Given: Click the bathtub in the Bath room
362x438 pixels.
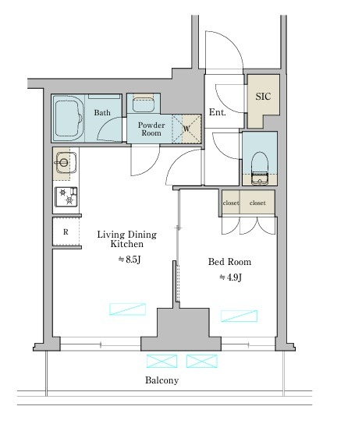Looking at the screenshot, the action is [x=69, y=118].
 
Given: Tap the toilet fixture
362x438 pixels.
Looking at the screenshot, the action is [x=260, y=168].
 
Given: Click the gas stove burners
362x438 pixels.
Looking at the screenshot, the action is [x=66, y=196].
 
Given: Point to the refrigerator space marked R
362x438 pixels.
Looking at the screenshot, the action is [x=66, y=231].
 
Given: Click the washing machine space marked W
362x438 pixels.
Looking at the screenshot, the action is [x=186, y=129].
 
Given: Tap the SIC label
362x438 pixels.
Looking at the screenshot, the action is [x=263, y=97].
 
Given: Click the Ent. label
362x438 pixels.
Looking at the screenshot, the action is [x=217, y=112].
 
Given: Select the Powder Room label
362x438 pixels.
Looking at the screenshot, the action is [x=151, y=129].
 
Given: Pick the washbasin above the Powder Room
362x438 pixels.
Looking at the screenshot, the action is [x=144, y=104].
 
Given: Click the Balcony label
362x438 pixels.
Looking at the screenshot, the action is [x=161, y=380].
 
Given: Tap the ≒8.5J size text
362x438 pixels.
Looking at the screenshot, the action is [x=130, y=260].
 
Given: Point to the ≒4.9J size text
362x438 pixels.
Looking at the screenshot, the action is [x=230, y=277].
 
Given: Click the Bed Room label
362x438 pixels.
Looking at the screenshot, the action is [x=229, y=262].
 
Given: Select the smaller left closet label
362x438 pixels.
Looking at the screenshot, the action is [x=231, y=203].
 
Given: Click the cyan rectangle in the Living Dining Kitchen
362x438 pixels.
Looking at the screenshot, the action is [x=127, y=309].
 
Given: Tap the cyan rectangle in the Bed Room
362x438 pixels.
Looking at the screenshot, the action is [x=239, y=316].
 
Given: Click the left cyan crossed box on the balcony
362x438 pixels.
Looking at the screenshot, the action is [x=161, y=361].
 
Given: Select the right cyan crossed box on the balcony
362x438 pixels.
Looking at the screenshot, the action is [x=201, y=361].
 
